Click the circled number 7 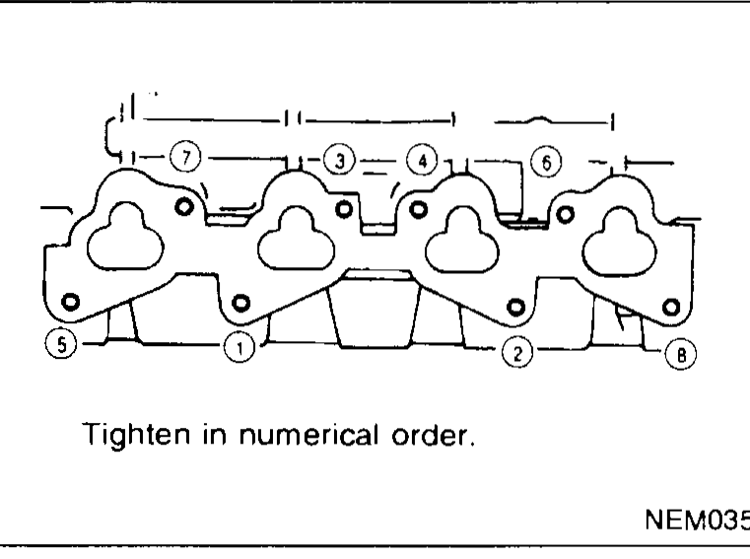(x=186, y=157)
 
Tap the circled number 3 (x=340, y=161)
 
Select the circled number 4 (x=422, y=161)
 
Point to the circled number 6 (x=546, y=163)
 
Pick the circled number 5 (x=61, y=344)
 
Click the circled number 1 (x=239, y=347)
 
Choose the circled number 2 (x=517, y=353)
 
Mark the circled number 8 (x=681, y=355)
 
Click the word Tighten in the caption (x=137, y=435)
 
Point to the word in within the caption (x=214, y=434)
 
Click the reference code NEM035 (x=698, y=520)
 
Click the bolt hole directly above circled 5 (x=70, y=302)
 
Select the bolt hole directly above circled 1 (x=240, y=303)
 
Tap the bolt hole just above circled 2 (x=515, y=308)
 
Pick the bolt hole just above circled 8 (x=670, y=307)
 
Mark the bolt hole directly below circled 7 (x=184, y=207)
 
